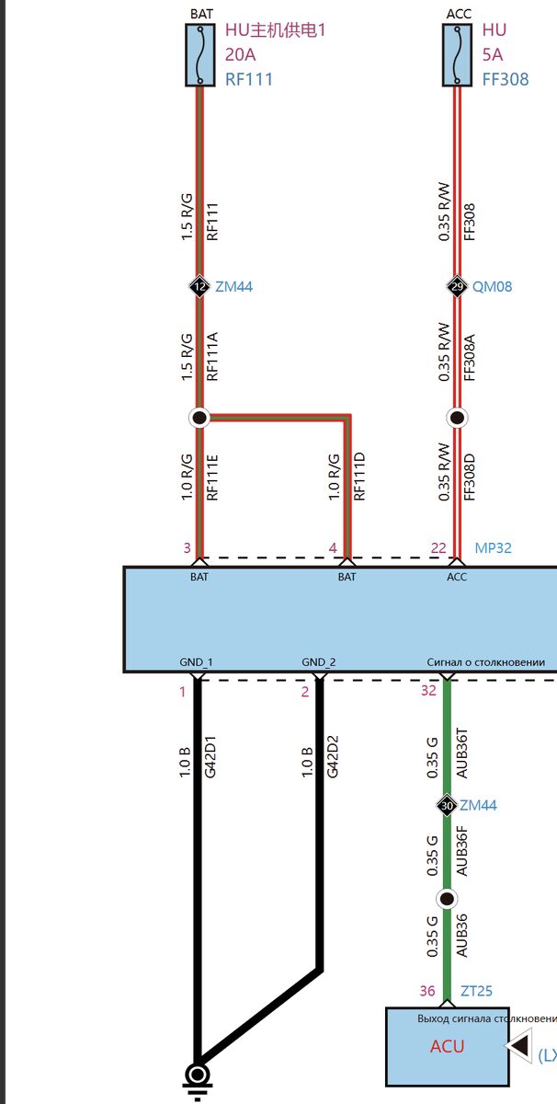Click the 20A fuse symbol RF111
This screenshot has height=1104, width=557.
click(200, 55)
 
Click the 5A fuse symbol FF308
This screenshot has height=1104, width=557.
click(457, 55)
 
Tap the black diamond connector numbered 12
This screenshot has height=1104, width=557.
click(199, 286)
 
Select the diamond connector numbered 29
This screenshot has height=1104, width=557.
click(457, 286)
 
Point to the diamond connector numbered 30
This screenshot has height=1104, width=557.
click(447, 805)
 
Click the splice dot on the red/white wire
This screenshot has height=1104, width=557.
click(457, 418)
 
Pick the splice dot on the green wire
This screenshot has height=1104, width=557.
click(447, 899)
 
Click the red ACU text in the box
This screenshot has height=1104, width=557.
click(448, 1046)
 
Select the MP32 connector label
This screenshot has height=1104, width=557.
click(493, 548)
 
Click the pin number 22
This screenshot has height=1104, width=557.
click(438, 548)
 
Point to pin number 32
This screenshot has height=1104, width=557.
click(428, 691)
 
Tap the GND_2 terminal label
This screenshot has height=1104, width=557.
click(319, 661)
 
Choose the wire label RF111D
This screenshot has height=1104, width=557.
click(359, 477)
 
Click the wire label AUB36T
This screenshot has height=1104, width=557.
click(461, 753)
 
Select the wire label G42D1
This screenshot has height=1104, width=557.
click(210, 757)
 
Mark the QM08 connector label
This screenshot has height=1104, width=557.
click(492, 287)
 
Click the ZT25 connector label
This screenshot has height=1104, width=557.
click(476, 991)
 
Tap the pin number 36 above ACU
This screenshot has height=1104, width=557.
click(427, 991)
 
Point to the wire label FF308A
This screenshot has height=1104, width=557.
click(470, 357)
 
